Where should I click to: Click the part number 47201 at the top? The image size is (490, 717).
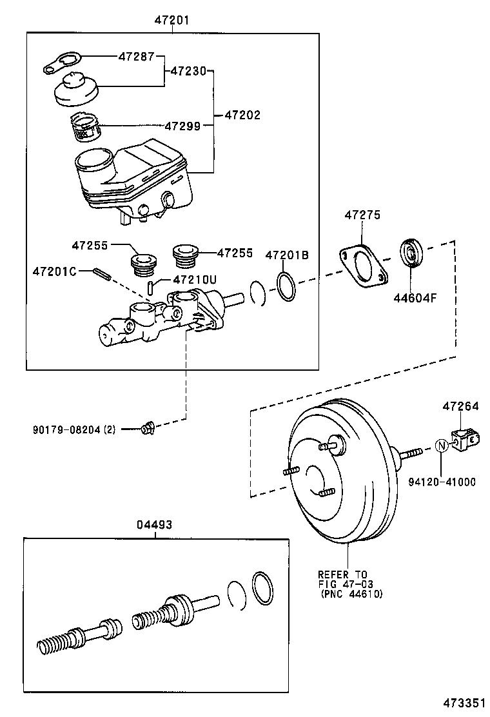171,21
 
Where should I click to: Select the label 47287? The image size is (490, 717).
136,56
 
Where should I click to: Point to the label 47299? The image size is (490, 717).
182,126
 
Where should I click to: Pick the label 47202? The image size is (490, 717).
242,115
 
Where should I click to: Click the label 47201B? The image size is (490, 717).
287,255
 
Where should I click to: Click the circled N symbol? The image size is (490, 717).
441,446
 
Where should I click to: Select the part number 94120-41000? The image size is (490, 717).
442,482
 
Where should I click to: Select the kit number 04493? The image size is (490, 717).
154,525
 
